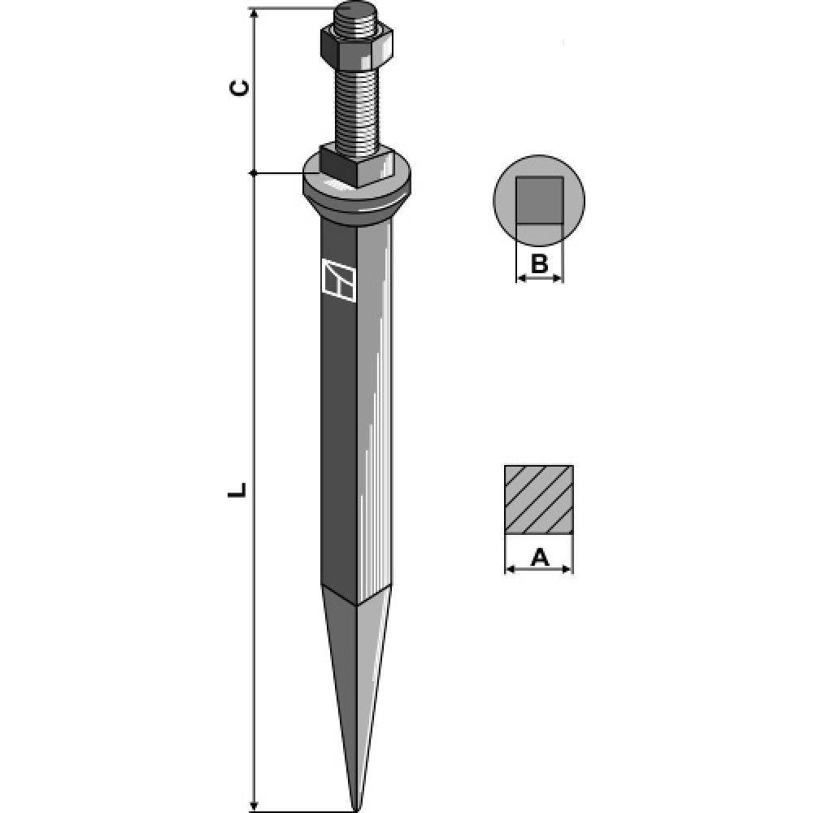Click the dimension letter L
(x=237, y=489)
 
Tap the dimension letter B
(x=539, y=264)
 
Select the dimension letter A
(x=539, y=558)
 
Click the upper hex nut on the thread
(x=356, y=45)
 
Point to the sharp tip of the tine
(x=356, y=808)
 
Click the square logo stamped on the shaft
(x=338, y=280)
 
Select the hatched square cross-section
(x=539, y=500)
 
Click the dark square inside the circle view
(x=539, y=200)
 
